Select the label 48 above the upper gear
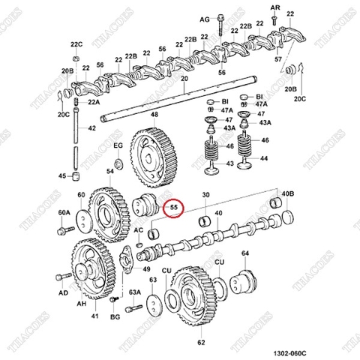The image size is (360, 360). (154, 115)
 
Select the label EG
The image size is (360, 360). (117, 145)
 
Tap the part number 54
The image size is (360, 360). (111, 172)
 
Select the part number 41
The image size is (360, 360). (94, 317)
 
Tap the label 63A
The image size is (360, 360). (135, 292)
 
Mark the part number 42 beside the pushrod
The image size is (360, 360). (92, 128)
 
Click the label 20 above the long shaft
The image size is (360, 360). (184, 79)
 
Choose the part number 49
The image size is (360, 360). (146, 269)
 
